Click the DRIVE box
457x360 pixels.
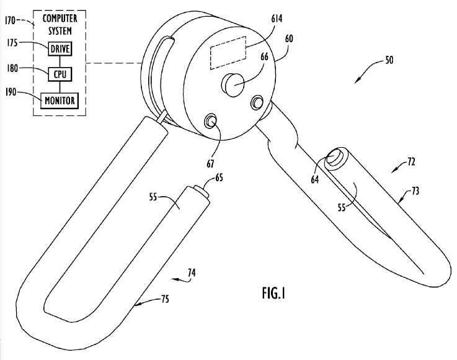click(60, 47)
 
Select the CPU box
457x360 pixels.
click(60, 73)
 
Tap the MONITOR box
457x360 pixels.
click(60, 100)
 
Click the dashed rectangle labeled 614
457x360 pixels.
click(228, 56)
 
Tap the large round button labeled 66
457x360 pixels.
click(234, 84)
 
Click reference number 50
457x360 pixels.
click(388, 60)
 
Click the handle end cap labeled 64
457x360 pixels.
click(334, 158)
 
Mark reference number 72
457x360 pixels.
click(411, 161)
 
